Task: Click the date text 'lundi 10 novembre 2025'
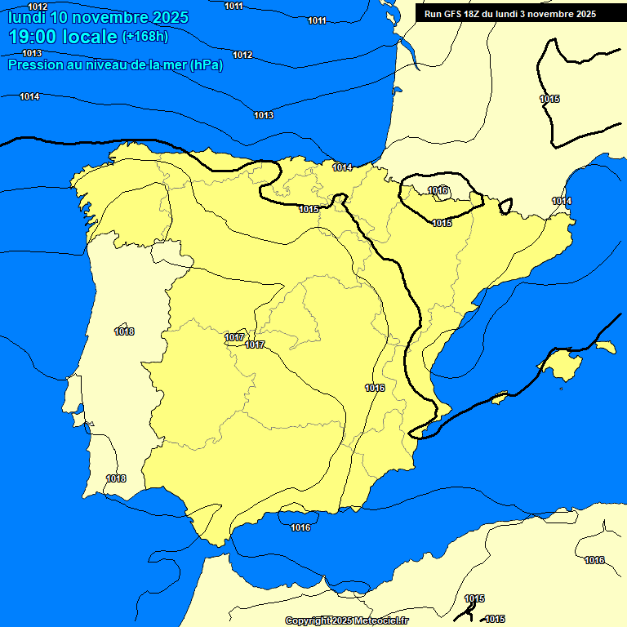(x=98, y=17)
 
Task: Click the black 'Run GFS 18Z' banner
(x=510, y=14)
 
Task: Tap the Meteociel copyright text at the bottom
(x=347, y=620)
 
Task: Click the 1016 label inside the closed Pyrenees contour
(x=438, y=190)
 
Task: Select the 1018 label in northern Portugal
(x=124, y=331)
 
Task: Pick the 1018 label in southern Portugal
(x=116, y=478)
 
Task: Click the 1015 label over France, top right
(x=549, y=99)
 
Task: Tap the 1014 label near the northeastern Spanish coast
(x=562, y=201)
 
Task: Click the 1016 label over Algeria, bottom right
(x=594, y=560)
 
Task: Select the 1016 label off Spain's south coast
(x=300, y=527)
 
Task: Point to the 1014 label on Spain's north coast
(x=342, y=167)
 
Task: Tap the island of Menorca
(x=605, y=347)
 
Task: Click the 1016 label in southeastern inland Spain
(x=375, y=388)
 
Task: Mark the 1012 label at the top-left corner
(x=38, y=7)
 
